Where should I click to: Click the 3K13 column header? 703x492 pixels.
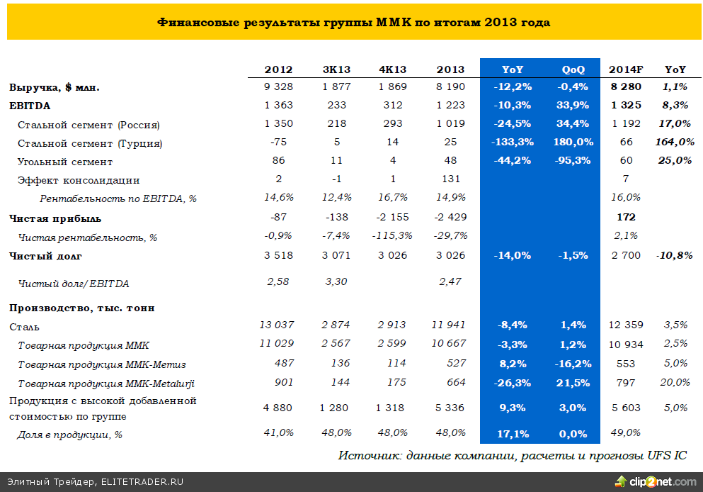click(336, 69)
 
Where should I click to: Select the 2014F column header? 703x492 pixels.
click(626, 69)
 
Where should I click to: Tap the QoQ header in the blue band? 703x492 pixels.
click(573, 69)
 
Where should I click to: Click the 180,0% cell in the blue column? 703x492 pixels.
click(573, 143)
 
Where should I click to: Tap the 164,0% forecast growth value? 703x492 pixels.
click(675, 143)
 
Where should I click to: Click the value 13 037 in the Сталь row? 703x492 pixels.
click(277, 325)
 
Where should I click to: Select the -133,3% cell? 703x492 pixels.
click(512, 143)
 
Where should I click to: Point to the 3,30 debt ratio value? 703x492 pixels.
click(336, 282)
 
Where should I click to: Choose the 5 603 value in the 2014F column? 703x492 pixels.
click(626, 408)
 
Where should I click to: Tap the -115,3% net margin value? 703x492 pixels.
click(392, 236)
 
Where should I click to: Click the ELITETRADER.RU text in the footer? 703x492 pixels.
click(142, 482)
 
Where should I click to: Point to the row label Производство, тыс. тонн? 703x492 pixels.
click(82, 308)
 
